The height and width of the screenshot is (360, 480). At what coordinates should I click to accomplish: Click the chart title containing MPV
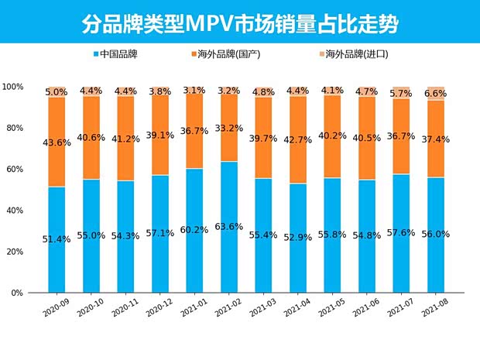(x=240, y=23)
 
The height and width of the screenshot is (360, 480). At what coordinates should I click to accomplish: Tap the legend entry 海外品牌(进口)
(x=355, y=55)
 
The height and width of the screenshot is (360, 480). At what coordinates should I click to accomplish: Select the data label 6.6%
(x=436, y=92)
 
